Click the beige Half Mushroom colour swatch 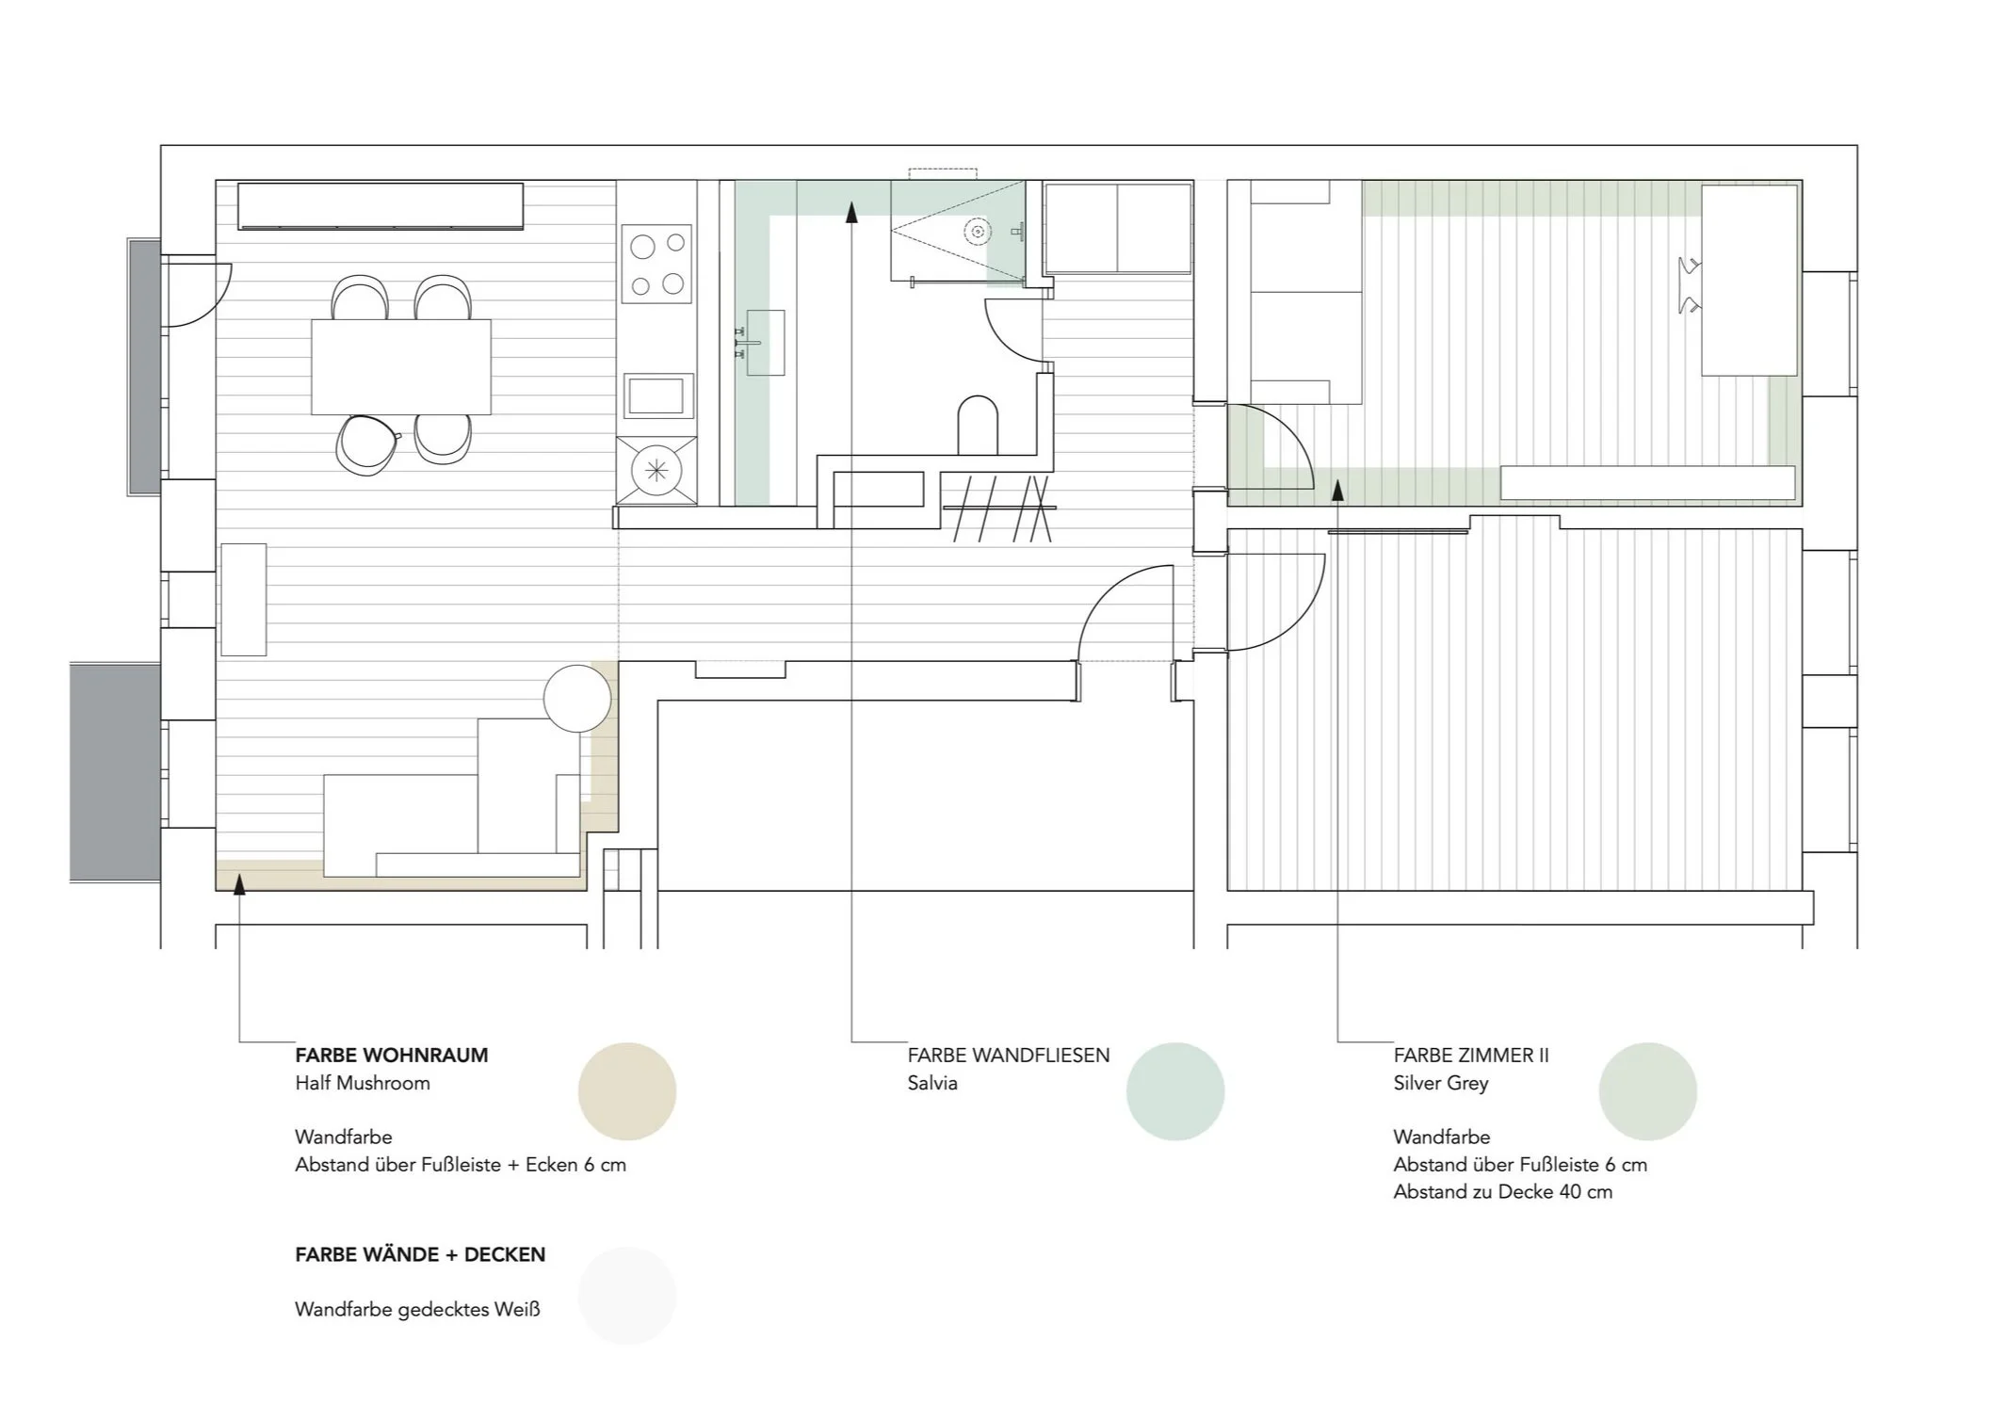point(626,1091)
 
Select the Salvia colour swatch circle point(1174,1091)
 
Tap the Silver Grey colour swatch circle point(1647,1091)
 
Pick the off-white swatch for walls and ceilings point(626,1296)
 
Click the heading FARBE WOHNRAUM point(392,1056)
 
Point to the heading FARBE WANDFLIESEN point(1008,1056)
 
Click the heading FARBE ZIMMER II point(1470,1056)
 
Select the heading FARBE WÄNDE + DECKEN point(420,1255)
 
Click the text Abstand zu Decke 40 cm point(1502,1192)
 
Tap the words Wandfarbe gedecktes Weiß point(417,1310)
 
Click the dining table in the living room point(401,366)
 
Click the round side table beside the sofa point(577,699)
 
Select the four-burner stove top point(656,264)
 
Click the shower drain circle point(978,232)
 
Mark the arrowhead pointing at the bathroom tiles point(851,212)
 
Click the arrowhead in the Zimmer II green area point(1337,489)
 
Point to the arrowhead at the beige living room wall point(239,883)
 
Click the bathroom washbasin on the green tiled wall point(765,343)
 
